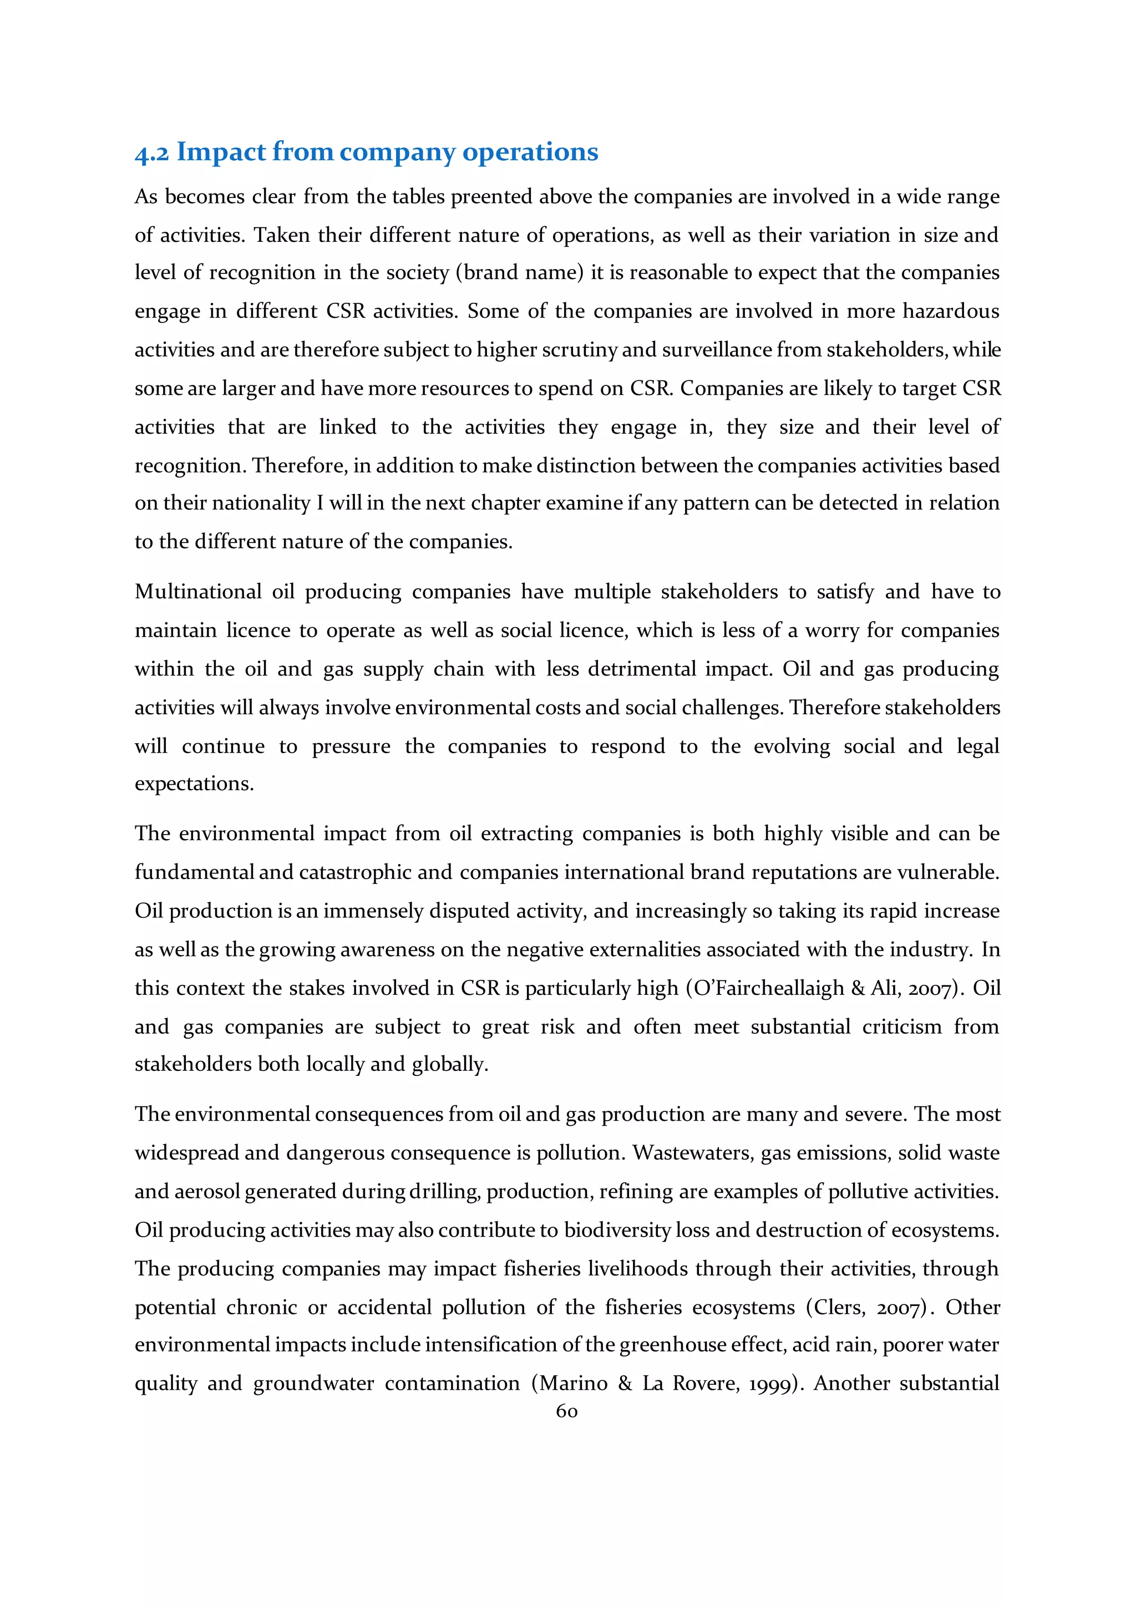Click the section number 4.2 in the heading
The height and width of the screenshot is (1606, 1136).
click(x=152, y=153)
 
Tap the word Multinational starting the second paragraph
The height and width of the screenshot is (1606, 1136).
click(x=198, y=592)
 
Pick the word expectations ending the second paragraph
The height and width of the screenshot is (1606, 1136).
click(x=194, y=784)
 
